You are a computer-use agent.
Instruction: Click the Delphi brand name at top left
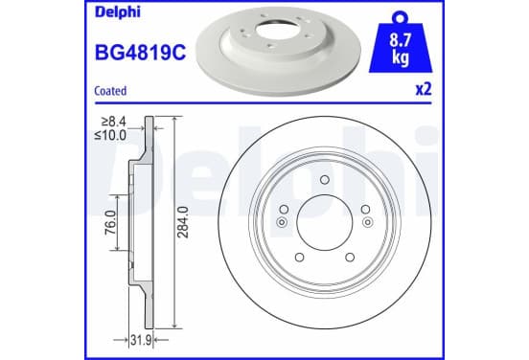pos(117,12)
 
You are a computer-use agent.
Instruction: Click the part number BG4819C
pos(140,53)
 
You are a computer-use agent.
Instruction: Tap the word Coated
pos(110,91)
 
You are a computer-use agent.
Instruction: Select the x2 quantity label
pos(424,90)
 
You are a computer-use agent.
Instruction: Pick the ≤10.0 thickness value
pos(110,135)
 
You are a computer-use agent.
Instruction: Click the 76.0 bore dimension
pos(111,222)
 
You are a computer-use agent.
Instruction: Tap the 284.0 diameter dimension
pos(183,222)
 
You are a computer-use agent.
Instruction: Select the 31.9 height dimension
pos(141,341)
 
